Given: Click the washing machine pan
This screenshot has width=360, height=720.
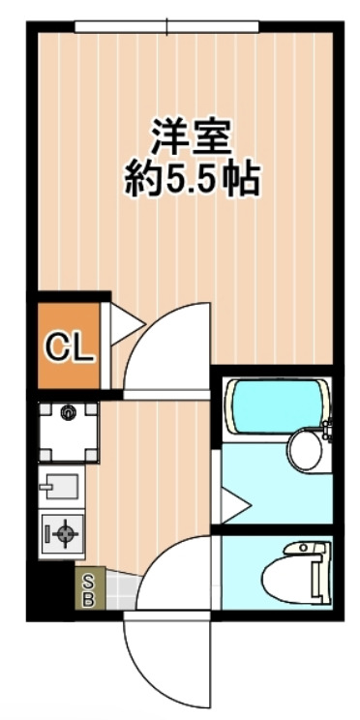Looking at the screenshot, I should coord(68,430).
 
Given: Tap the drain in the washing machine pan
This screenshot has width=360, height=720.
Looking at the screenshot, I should coord(68,414).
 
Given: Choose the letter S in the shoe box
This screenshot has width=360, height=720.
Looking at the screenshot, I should coord(88,581).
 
